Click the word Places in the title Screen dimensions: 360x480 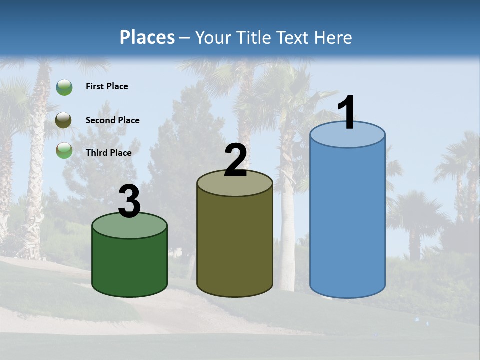pyautogui.click(x=147, y=37)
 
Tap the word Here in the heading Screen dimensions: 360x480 pyautogui.click(x=334, y=37)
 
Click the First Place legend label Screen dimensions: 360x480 pyautogui.click(x=107, y=86)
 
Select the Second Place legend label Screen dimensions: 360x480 pyautogui.click(x=112, y=120)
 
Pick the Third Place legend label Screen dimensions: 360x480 pyautogui.click(x=108, y=153)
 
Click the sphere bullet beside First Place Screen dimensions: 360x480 pyautogui.click(x=64, y=87)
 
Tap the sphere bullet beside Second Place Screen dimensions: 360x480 pyautogui.click(x=64, y=120)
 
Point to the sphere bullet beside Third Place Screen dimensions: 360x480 pyautogui.click(x=64, y=150)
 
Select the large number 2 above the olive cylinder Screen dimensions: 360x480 pyautogui.click(x=235, y=161)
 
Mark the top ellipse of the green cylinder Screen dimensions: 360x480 pyautogui.click(x=130, y=226)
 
